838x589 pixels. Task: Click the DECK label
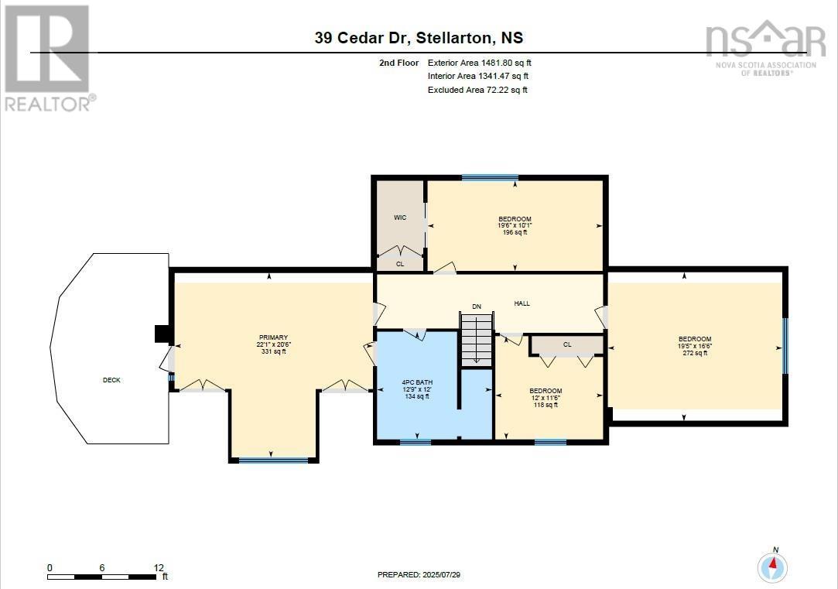(111, 380)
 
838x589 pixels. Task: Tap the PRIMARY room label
(273, 337)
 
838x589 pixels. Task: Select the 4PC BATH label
(415, 382)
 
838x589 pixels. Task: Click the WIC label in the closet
(400, 217)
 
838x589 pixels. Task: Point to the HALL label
(522, 303)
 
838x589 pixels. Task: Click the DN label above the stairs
(477, 307)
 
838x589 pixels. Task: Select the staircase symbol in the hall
(477, 339)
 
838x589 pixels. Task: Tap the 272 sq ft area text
(695, 353)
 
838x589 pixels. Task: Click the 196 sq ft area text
(515, 232)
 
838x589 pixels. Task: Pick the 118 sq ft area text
(546, 405)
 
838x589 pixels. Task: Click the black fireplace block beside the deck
(162, 334)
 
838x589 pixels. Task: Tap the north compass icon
(771, 567)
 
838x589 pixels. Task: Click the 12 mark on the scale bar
(159, 567)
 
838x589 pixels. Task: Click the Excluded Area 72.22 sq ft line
(477, 91)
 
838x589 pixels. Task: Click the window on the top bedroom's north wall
(484, 178)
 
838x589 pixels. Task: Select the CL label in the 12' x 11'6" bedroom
(567, 344)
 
